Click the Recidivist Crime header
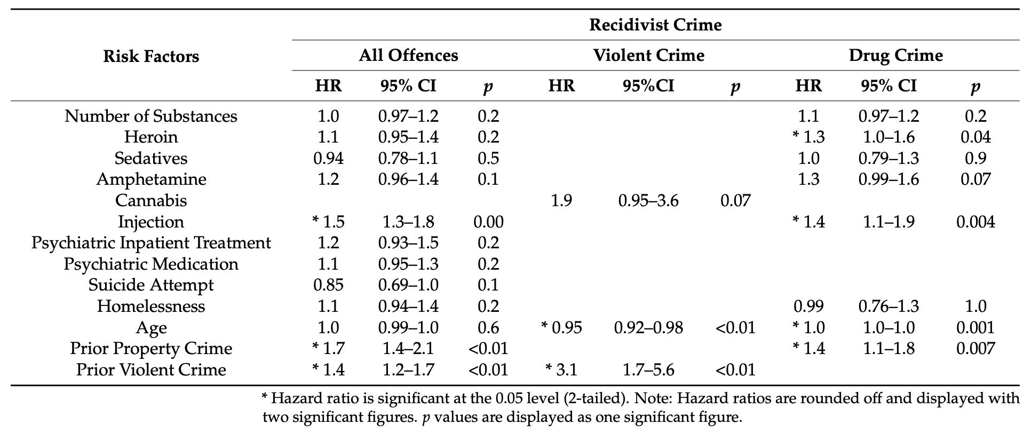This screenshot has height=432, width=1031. tap(655, 25)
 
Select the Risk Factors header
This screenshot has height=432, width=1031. tap(151, 56)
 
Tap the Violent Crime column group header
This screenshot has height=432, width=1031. tap(648, 55)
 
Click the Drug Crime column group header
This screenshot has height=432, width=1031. tap(895, 55)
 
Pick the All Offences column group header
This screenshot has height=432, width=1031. tap(408, 55)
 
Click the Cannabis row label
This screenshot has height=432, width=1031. tap(151, 200)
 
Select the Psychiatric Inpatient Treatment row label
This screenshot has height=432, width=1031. tap(151, 242)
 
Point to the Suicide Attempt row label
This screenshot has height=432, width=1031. tap(151, 285)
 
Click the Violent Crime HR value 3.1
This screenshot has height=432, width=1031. tap(566, 370)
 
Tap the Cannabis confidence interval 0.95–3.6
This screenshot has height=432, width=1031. tap(648, 200)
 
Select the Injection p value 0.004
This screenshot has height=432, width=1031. tap(975, 222)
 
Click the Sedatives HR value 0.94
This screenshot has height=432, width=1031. tap(328, 158)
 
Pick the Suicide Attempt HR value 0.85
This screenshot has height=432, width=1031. tap(328, 285)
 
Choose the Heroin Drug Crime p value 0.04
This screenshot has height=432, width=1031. tap(975, 137)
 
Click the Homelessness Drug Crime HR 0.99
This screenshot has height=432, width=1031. tap(808, 306)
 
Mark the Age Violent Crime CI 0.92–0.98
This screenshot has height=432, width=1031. tap(648, 327)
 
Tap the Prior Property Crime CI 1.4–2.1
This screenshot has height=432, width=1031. tap(408, 348)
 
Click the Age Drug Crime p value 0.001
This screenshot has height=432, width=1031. tap(975, 327)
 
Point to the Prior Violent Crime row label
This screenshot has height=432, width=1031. tap(151, 370)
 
